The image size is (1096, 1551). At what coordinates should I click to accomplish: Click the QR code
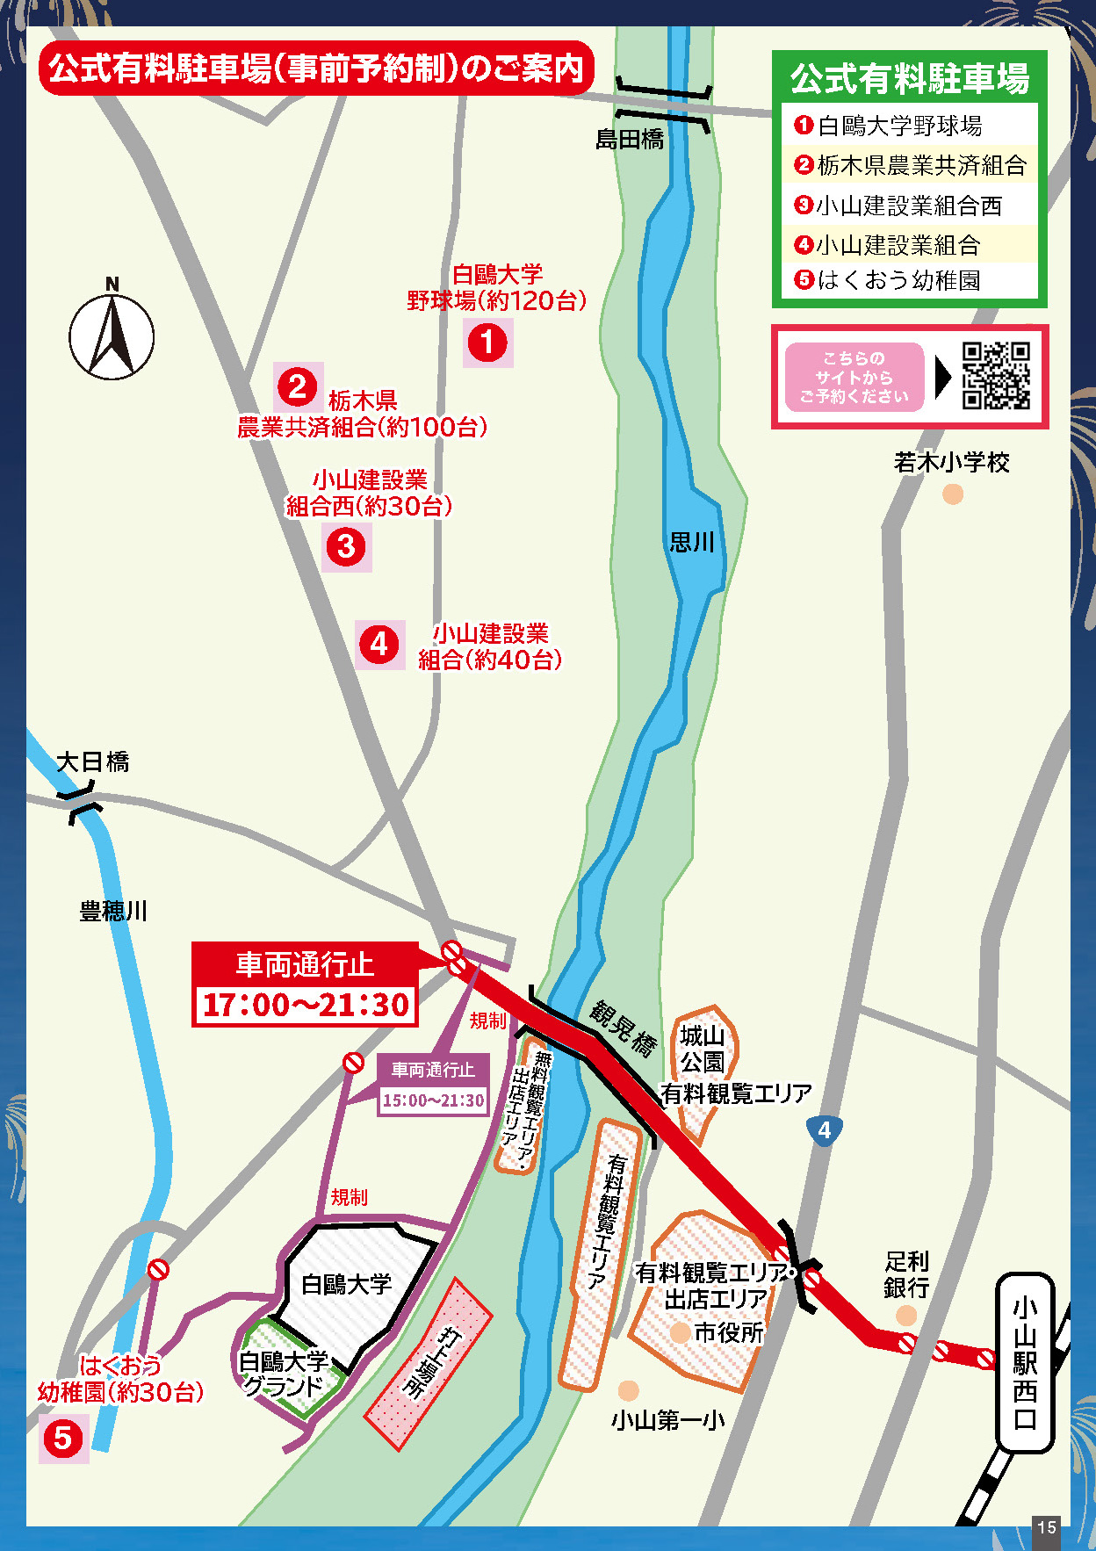(x=995, y=376)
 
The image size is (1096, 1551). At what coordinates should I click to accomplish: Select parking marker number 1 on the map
(x=487, y=343)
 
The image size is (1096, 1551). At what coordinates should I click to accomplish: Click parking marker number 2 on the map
(x=298, y=386)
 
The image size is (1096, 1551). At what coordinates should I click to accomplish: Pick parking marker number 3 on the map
(x=346, y=546)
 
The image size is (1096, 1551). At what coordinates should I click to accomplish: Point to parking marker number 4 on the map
(x=379, y=645)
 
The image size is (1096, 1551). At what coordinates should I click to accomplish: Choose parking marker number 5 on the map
(x=63, y=1438)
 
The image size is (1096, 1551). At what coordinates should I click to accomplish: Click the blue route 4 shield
(x=824, y=1130)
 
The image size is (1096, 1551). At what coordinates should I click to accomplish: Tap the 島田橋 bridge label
(x=630, y=140)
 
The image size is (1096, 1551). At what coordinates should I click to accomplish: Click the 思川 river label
(x=692, y=542)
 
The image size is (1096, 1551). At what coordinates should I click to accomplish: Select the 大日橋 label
(x=93, y=761)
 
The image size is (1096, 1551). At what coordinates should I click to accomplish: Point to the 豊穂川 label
(x=113, y=911)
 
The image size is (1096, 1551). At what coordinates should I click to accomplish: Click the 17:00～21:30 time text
(x=306, y=1005)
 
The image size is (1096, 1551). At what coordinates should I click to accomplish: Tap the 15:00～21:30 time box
(x=433, y=1100)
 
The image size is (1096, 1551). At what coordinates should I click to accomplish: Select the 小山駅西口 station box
(x=1024, y=1361)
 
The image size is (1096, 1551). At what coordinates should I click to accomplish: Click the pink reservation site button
(x=854, y=377)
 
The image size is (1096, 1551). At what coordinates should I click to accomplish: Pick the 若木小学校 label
(x=951, y=462)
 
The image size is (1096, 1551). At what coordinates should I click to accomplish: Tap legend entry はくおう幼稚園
(x=898, y=280)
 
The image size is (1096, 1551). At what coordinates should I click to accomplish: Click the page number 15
(x=1046, y=1527)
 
